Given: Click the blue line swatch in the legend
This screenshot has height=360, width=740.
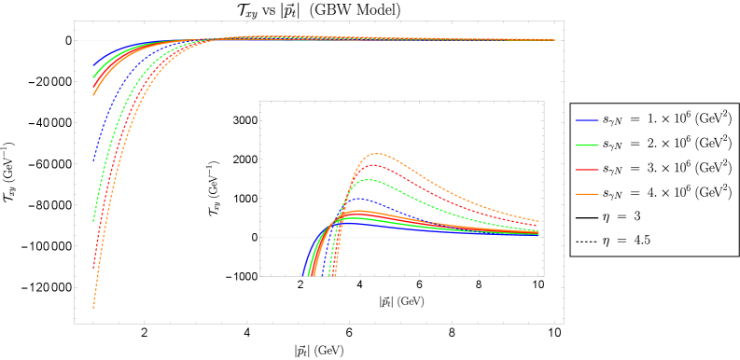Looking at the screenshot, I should (x=586, y=120).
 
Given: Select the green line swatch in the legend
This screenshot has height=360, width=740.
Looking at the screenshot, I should (x=586, y=145).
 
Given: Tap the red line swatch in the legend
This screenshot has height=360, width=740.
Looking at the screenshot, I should (x=586, y=170).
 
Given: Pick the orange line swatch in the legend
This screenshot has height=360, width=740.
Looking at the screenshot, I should (x=586, y=194).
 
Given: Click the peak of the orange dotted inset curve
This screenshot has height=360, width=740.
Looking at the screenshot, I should (x=376, y=154).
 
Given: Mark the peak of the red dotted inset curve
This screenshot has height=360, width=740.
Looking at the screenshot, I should (x=371, y=165).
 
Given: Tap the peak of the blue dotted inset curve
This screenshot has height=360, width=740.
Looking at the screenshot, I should (x=358, y=198).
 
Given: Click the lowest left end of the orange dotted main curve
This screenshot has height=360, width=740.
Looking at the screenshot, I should (x=93, y=307).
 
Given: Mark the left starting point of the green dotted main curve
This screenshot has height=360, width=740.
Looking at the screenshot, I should (x=93, y=221).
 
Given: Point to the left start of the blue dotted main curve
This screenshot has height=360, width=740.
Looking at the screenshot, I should (x=93, y=160).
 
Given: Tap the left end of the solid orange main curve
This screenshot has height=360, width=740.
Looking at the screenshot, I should (x=93, y=94).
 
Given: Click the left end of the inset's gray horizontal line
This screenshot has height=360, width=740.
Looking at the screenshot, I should (x=263, y=237).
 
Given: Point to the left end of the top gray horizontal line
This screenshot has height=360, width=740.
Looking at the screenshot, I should (x=77, y=40).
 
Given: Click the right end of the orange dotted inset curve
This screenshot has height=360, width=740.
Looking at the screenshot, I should (x=538, y=220).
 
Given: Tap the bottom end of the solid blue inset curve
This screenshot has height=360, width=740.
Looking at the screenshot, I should (x=303, y=275).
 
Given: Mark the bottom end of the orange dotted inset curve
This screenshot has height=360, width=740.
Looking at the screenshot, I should (x=335, y=275).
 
